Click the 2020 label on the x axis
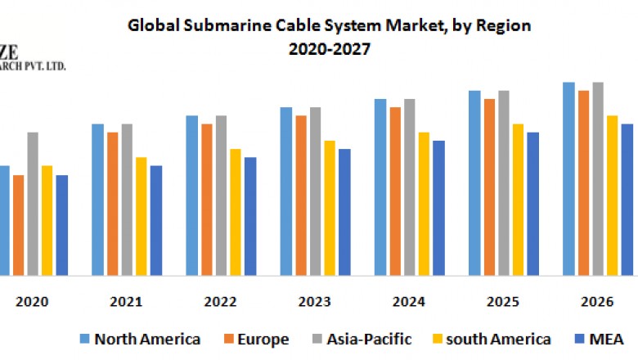tap(33, 301)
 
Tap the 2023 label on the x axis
tap(314, 301)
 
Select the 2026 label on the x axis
tap(596, 301)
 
